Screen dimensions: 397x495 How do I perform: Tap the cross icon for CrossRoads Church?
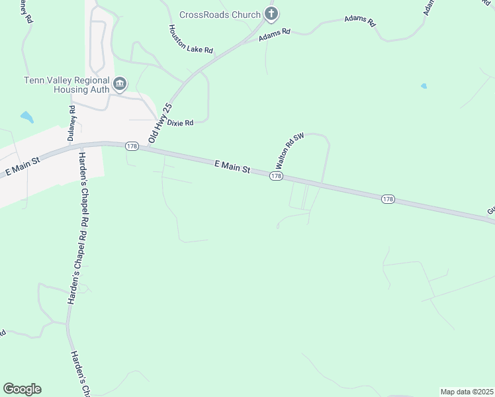(x=270, y=13)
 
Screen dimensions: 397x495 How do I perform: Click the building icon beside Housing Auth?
(x=120, y=83)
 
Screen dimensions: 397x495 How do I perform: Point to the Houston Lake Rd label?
(x=191, y=39)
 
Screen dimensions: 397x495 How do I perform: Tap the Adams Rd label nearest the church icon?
(x=275, y=32)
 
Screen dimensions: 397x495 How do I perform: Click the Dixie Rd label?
(x=179, y=122)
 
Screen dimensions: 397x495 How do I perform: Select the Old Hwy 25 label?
(x=160, y=123)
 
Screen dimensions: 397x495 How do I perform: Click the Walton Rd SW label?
(x=289, y=150)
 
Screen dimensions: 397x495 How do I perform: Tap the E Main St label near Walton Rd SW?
(x=232, y=166)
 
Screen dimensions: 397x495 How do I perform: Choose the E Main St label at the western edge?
(x=22, y=165)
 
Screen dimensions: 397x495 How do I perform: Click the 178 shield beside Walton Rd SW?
(x=276, y=177)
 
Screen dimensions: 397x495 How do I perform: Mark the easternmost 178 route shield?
(x=388, y=198)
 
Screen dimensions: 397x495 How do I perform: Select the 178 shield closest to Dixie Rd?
(x=131, y=146)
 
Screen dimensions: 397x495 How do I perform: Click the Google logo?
(x=22, y=389)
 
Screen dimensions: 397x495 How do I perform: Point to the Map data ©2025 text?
(x=467, y=392)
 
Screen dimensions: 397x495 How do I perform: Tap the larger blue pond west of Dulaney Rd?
(x=26, y=118)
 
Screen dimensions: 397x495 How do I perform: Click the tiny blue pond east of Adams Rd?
(x=424, y=86)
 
